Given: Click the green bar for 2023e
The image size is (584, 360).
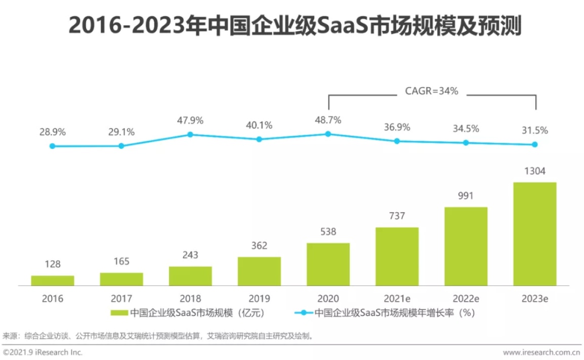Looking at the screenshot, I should click(x=534, y=234).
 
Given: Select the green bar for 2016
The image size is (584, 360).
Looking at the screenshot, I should click(x=53, y=281).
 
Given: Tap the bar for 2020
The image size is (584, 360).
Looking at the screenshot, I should click(x=328, y=264).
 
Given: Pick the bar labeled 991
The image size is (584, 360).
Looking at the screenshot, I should click(x=466, y=247).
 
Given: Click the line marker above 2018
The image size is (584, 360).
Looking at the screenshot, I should click(x=190, y=135).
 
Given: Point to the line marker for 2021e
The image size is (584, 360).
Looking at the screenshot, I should click(x=397, y=141).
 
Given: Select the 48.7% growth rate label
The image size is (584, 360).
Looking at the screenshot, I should click(x=328, y=120).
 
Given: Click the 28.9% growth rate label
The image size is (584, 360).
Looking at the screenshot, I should click(x=53, y=132).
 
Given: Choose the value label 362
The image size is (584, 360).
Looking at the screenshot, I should click(x=259, y=246).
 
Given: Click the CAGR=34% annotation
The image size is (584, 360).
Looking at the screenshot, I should click(x=432, y=92).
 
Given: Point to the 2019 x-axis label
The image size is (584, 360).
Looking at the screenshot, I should click(x=259, y=299).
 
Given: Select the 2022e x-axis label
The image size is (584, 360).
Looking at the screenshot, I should click(x=466, y=299).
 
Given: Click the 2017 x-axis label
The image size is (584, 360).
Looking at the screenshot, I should click(x=121, y=299).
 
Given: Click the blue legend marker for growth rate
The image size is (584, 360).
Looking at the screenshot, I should click(x=303, y=313).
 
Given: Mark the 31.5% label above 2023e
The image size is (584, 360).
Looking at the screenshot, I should click(x=534, y=131).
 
